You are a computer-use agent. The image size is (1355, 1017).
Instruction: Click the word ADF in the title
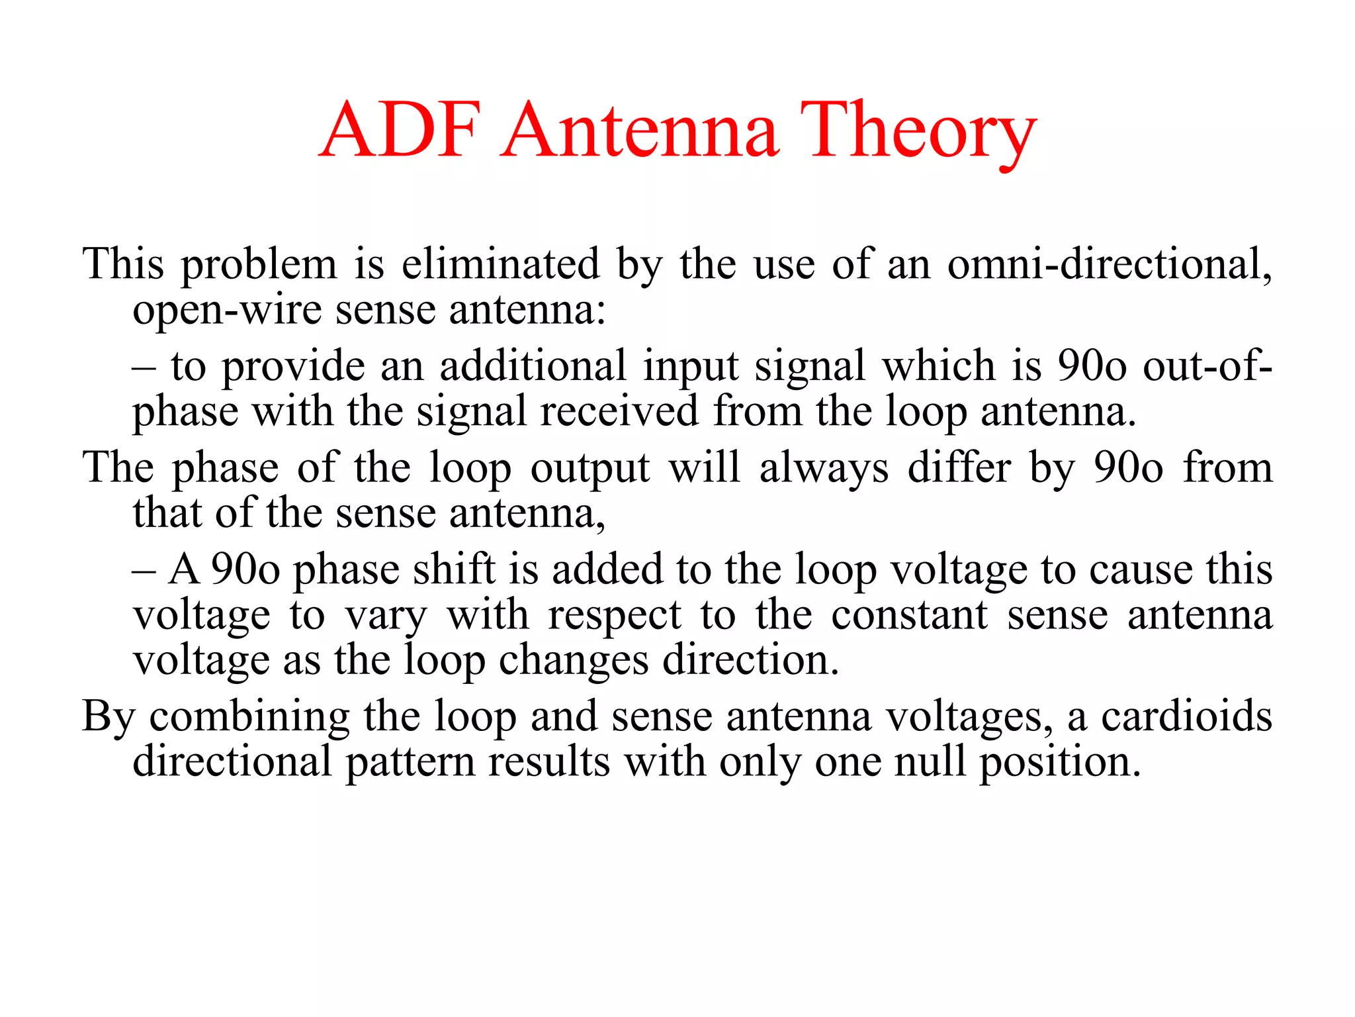click(400, 130)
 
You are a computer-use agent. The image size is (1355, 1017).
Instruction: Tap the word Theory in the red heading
click(918, 130)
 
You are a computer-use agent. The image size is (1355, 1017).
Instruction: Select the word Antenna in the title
click(640, 130)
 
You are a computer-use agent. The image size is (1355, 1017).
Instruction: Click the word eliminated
click(501, 264)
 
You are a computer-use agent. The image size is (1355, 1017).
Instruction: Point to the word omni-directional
click(1110, 264)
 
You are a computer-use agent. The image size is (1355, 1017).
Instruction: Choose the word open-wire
click(226, 310)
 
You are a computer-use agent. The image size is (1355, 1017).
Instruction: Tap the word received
click(619, 411)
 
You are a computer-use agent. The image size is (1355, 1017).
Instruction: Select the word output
click(590, 468)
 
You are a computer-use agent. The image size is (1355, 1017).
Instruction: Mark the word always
click(824, 468)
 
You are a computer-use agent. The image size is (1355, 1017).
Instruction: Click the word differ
click(959, 468)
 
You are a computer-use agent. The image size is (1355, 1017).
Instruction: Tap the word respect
click(615, 615)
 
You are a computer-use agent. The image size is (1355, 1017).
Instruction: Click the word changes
click(574, 660)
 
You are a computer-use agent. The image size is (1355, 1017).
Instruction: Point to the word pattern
click(410, 762)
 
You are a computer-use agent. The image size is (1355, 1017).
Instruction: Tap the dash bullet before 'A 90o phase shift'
click(144, 571)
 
